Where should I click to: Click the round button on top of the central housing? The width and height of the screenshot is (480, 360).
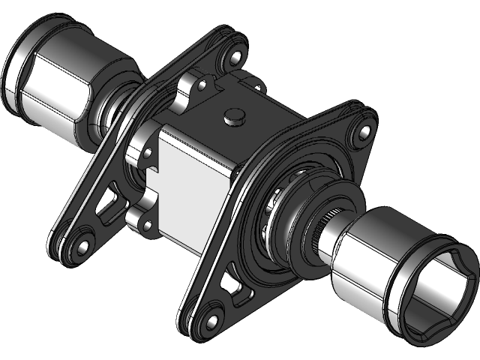pyautogui.click(x=235, y=115)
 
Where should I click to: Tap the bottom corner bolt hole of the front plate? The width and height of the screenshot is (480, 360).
pyautogui.click(x=211, y=322)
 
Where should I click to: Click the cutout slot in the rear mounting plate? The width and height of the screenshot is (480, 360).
pyautogui.click(x=109, y=206)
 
